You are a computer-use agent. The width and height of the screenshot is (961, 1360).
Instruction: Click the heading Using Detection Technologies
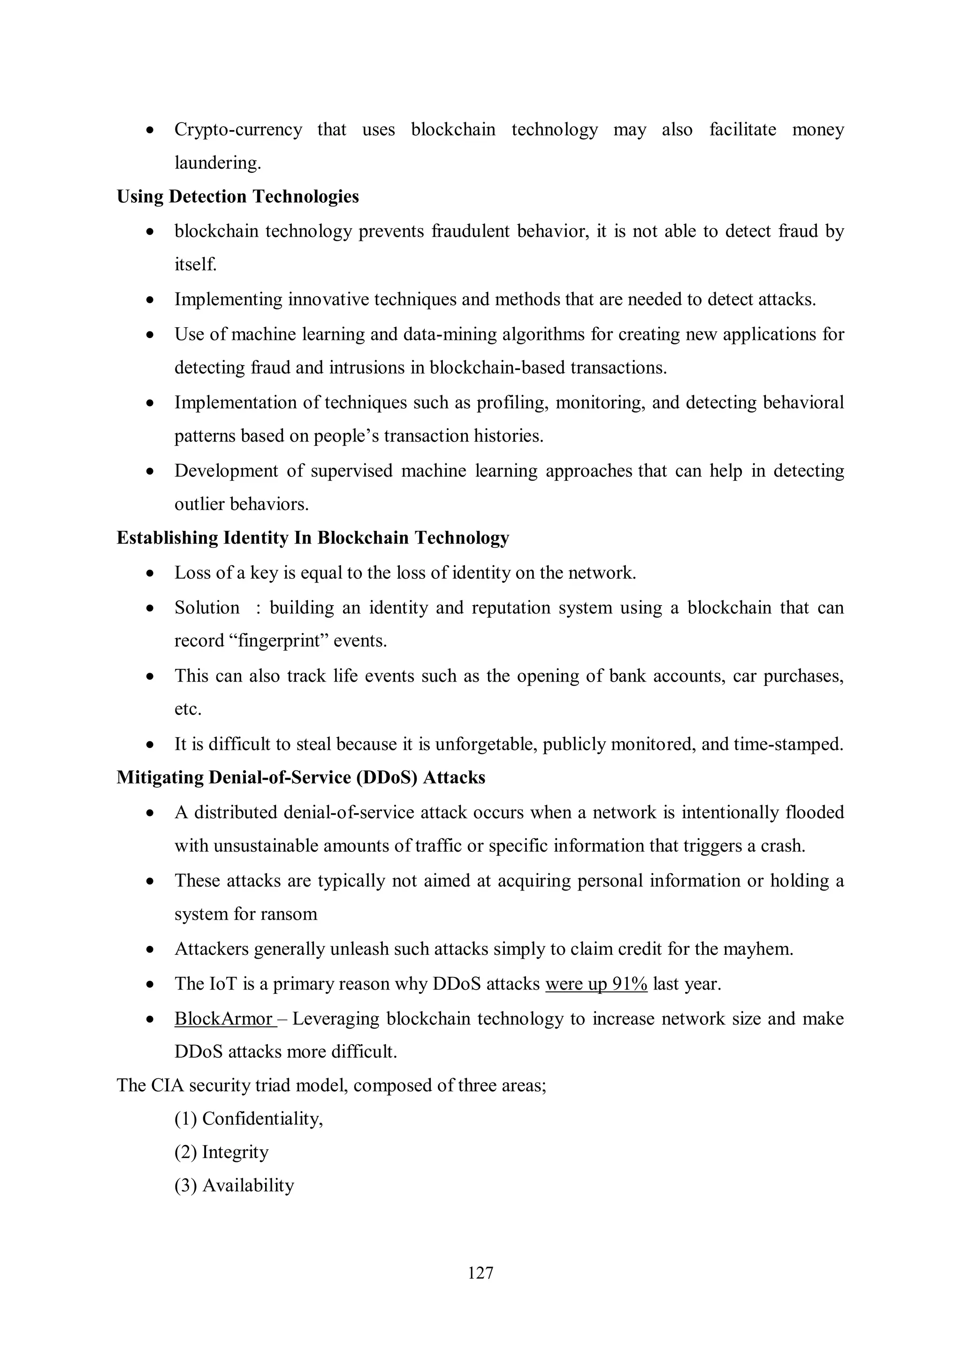[x=237, y=197]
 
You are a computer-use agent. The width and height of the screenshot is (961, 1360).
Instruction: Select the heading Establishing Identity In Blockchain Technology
[x=313, y=538]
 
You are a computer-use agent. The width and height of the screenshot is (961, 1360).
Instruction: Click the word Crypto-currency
[x=238, y=129]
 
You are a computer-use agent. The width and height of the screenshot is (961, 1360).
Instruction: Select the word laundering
[x=217, y=163]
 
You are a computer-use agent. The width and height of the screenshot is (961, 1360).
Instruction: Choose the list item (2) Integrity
[x=221, y=1152]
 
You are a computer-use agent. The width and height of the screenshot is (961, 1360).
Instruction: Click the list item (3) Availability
[x=234, y=1186]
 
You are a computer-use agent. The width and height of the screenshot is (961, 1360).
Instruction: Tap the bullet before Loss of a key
[x=151, y=573]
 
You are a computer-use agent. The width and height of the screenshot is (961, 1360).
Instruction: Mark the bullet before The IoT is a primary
[x=151, y=984]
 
